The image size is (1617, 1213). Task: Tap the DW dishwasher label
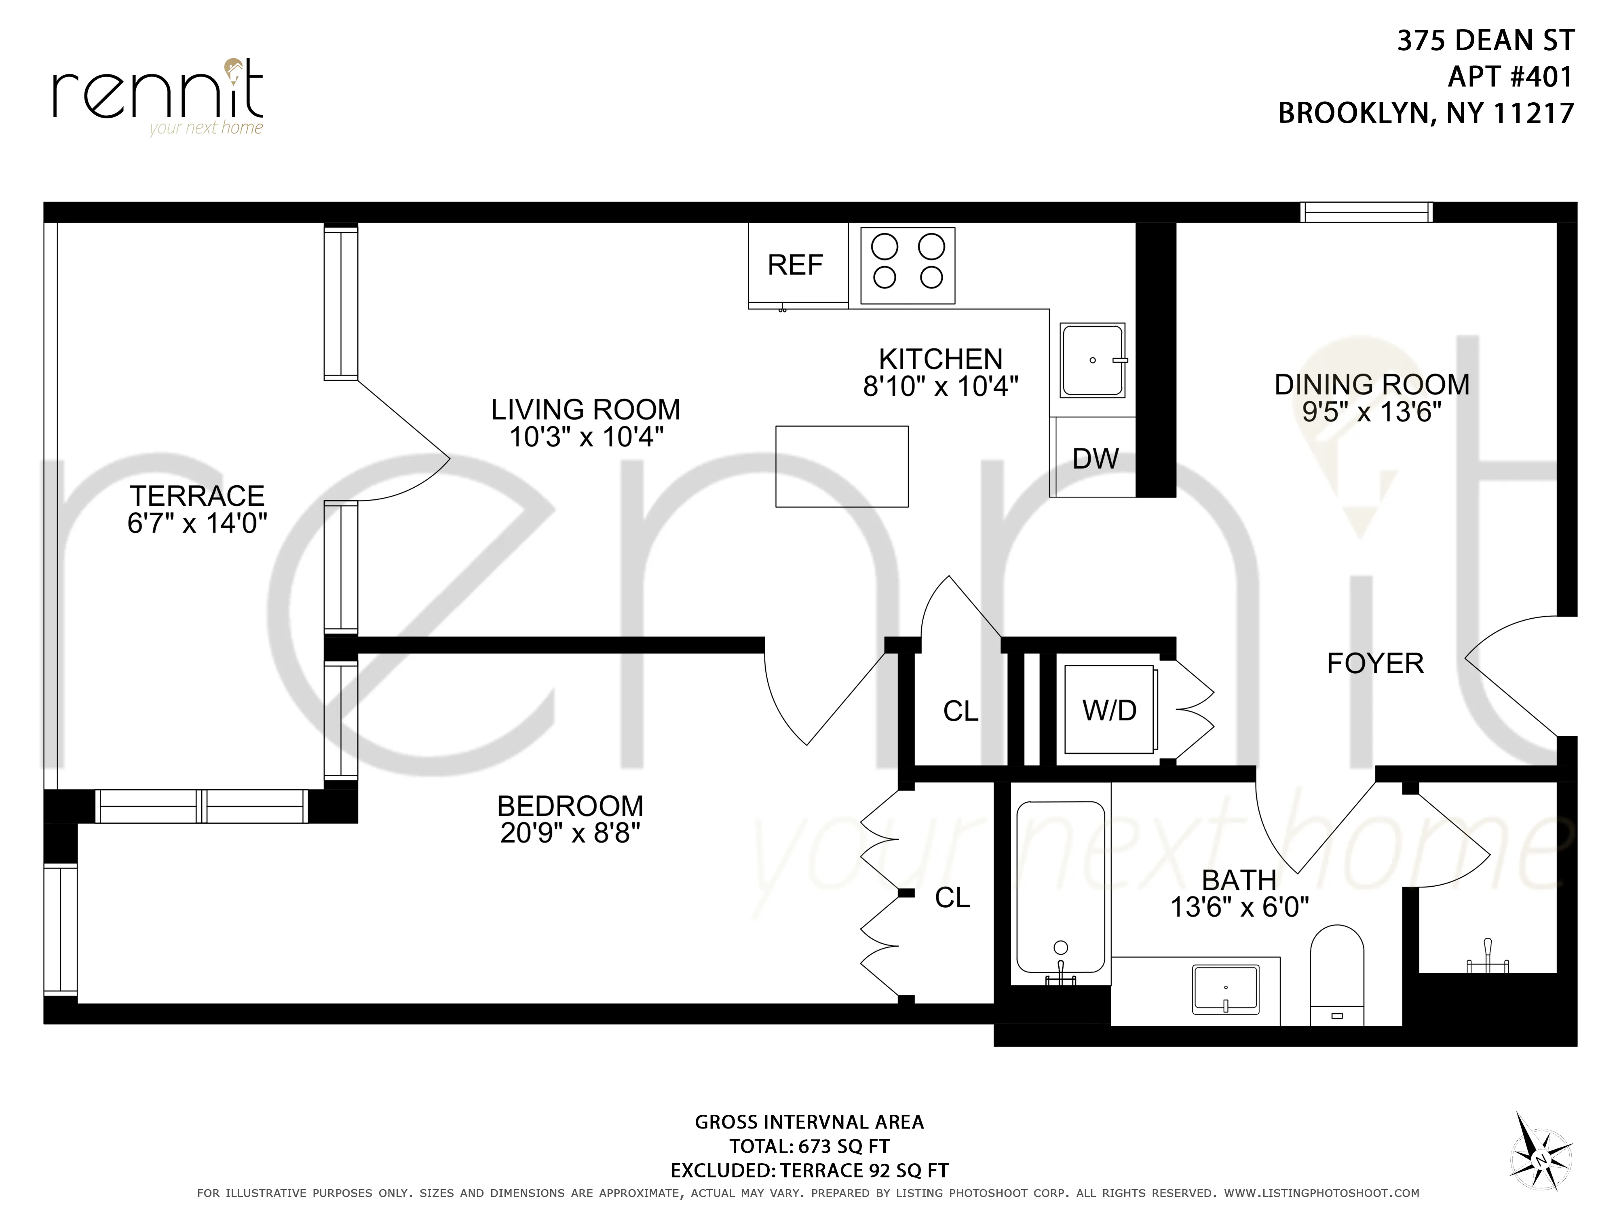pyautogui.click(x=1095, y=459)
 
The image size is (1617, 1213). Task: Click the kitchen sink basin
pyautogui.click(x=1092, y=360)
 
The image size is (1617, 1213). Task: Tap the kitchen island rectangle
pyautogui.click(x=841, y=467)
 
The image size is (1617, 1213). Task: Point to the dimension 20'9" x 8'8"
pyautogui.click(x=570, y=833)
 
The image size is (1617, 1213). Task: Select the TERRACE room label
pyautogui.click(x=196, y=496)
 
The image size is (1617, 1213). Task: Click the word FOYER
pyautogui.click(x=1375, y=663)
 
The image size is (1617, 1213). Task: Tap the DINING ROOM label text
pyautogui.click(x=1371, y=385)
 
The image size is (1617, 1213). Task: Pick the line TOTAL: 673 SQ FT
pyautogui.click(x=808, y=1146)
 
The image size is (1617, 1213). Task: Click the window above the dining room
pyautogui.click(x=1366, y=212)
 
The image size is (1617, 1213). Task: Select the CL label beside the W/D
pyautogui.click(x=960, y=711)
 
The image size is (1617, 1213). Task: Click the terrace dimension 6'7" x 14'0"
pyautogui.click(x=196, y=524)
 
